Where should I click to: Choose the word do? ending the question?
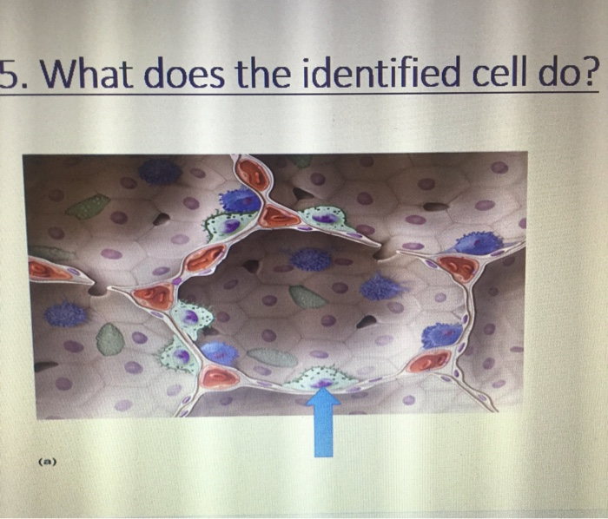(570, 80)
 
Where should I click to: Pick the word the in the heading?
(264, 80)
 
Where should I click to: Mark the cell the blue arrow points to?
(322, 379)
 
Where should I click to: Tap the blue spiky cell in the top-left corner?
(158, 171)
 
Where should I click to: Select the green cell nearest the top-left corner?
(90, 207)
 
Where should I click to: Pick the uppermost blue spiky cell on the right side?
(479, 243)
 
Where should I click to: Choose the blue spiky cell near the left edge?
(66, 313)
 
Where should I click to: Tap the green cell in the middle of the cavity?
(307, 298)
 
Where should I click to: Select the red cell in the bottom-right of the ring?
(430, 360)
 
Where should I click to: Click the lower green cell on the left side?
(110, 338)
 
